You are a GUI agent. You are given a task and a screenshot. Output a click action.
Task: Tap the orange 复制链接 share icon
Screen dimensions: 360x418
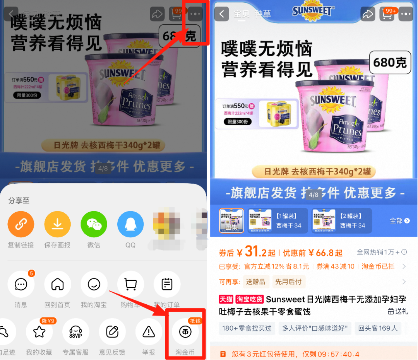(21, 225)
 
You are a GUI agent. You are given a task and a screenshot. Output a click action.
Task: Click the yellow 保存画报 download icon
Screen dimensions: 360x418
(57, 225)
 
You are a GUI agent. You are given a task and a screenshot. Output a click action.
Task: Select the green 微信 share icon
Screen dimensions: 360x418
(94, 225)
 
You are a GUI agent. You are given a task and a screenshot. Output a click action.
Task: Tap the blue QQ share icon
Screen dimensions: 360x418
(130, 225)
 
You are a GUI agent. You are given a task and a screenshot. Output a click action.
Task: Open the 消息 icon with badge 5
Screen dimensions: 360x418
(21, 285)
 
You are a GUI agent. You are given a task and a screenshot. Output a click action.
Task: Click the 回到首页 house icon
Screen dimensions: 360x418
(57, 285)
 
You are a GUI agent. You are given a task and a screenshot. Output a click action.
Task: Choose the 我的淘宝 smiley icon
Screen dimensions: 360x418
(94, 285)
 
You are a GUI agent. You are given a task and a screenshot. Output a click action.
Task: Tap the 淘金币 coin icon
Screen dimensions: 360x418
(185, 332)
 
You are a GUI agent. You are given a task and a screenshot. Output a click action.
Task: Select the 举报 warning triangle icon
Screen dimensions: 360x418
(149, 332)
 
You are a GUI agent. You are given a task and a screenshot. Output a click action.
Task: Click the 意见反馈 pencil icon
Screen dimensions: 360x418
(112, 332)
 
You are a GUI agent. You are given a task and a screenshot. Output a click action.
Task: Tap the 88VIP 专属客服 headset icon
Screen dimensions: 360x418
(76, 332)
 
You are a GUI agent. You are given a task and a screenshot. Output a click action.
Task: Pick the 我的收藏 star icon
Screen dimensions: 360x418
(39, 332)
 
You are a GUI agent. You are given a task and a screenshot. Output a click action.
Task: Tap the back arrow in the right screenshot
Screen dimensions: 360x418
(221, 14)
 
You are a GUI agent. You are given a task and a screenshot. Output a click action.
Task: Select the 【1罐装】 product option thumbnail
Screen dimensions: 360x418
(278, 221)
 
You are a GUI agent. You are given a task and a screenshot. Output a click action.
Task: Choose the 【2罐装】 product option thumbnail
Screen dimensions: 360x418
(342, 221)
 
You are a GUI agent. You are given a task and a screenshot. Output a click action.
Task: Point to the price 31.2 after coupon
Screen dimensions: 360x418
(256, 253)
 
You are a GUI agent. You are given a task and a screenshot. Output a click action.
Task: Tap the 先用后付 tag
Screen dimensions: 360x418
(288, 282)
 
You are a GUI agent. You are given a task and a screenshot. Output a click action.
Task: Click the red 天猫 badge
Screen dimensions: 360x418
(226, 299)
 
